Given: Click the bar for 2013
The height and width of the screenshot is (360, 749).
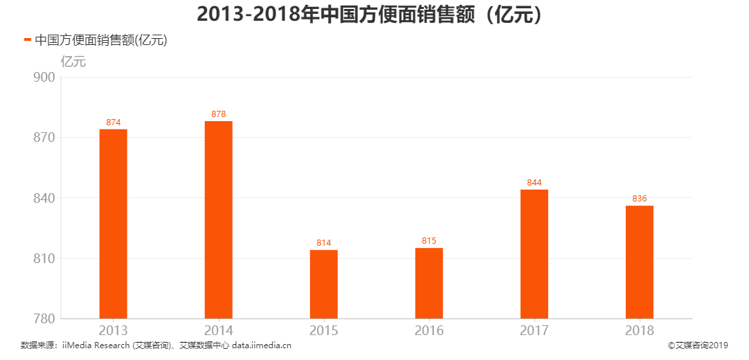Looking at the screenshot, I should [x=113, y=224].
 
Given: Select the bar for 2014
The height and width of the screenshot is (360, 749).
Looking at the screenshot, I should [x=218, y=219].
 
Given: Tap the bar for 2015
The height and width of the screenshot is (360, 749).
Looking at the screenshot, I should [x=323, y=284].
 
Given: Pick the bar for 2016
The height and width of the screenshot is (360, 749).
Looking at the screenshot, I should [x=428, y=283].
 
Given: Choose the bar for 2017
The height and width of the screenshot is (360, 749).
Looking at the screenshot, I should [x=534, y=254].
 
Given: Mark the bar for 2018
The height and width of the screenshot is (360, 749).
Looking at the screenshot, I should [x=639, y=262].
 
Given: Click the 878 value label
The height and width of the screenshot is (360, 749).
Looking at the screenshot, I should [x=218, y=114].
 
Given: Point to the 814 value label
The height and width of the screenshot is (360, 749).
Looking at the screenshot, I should [x=323, y=243].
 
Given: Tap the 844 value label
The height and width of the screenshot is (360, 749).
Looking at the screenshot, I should [x=534, y=183].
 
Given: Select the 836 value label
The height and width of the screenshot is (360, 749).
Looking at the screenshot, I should [x=639, y=199].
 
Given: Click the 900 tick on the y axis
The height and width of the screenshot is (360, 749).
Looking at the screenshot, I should [x=44, y=78].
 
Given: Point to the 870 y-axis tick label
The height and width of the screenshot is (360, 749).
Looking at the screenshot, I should [x=44, y=138].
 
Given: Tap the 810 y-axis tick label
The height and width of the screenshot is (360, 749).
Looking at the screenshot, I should [x=44, y=259].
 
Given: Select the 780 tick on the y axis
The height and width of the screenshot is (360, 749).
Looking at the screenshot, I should [x=44, y=319].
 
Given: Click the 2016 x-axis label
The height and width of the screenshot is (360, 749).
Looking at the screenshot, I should [x=428, y=331].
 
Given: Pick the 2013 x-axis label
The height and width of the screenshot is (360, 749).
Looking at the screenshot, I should [x=113, y=331].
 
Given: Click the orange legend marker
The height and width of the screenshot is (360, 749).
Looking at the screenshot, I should [x=28, y=40].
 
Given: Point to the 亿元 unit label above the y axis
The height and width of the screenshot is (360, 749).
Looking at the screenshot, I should [x=73, y=61].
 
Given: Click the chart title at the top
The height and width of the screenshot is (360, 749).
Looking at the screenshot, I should [x=374, y=14].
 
